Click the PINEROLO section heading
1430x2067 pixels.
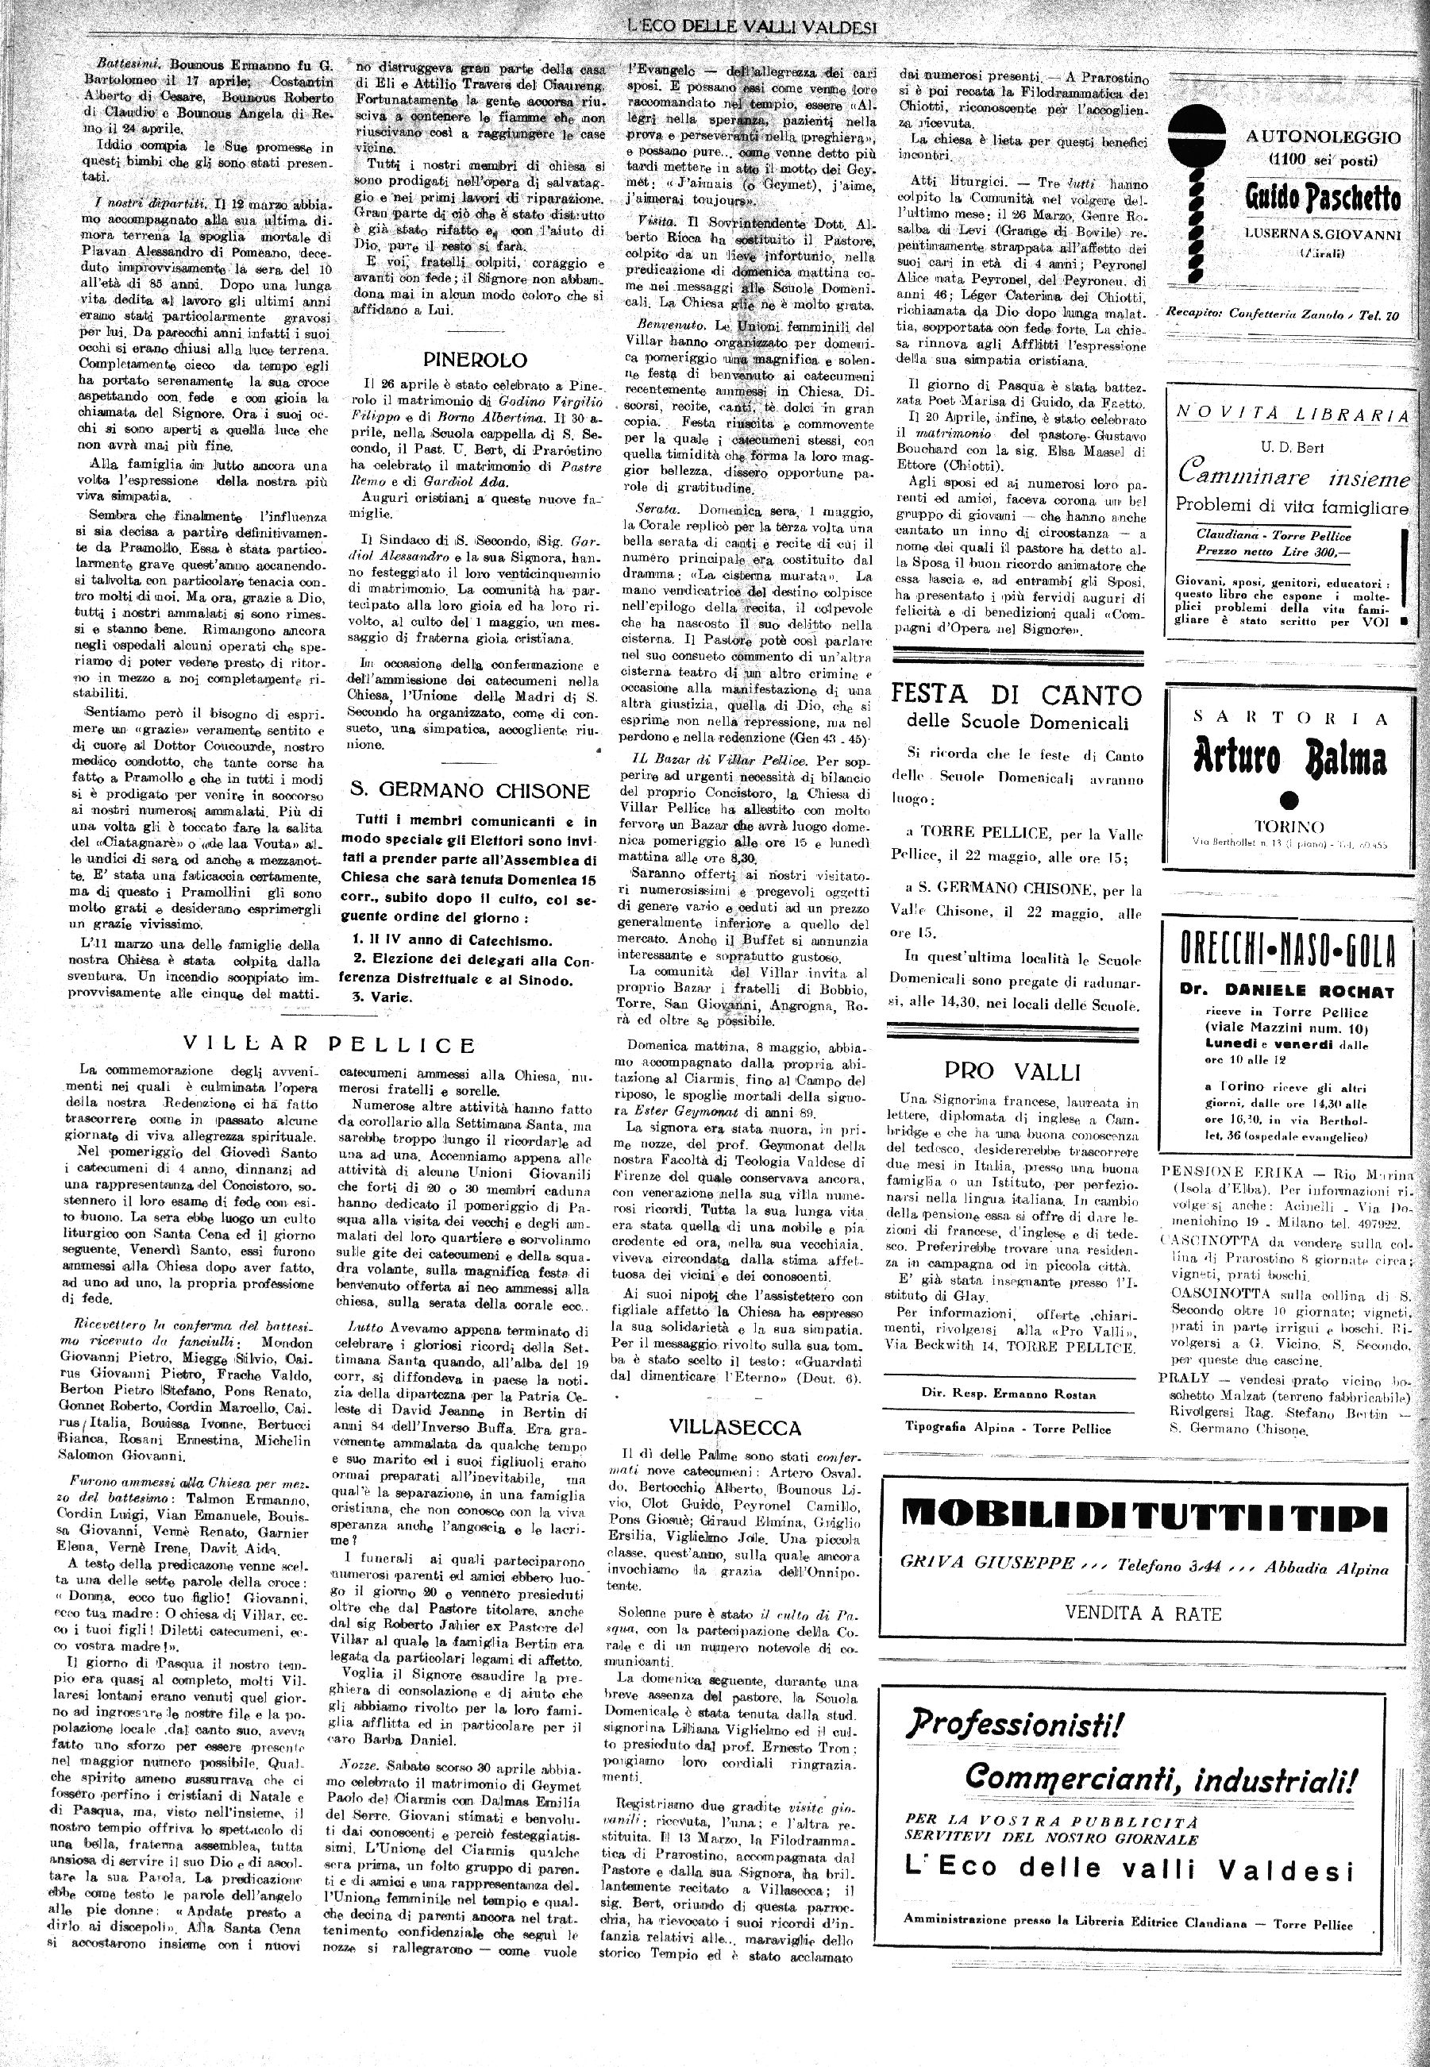[475, 361]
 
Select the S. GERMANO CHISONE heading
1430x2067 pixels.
[469, 790]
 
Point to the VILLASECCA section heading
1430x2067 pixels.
[734, 1427]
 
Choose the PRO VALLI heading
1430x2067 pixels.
[1012, 1070]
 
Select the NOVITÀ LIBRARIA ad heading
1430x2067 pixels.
[1291, 413]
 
